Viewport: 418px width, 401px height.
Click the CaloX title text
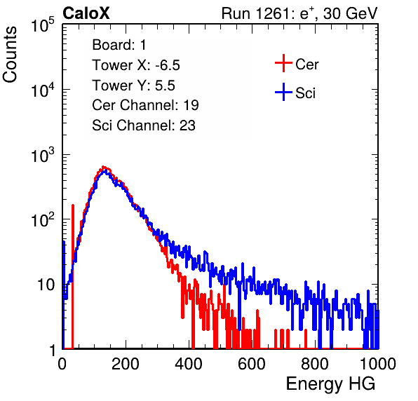tap(86, 13)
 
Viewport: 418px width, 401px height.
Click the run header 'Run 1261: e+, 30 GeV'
tap(299, 13)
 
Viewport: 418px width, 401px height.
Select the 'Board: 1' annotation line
tap(119, 45)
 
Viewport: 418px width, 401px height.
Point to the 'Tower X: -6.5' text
tap(136, 65)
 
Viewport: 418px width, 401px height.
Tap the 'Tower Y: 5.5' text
tap(133, 86)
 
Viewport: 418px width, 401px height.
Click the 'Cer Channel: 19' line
tap(145, 105)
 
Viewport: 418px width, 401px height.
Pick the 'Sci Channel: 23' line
tap(144, 125)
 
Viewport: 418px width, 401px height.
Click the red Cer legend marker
tap(283, 63)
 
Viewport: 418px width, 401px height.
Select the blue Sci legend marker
tap(283, 93)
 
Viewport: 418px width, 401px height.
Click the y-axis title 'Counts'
tap(10, 55)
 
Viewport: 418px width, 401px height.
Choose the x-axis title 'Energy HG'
tap(330, 384)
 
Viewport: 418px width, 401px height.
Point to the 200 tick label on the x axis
tap(126, 363)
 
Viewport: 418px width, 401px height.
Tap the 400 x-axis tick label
tap(189, 363)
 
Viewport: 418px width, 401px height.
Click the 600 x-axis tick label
tap(252, 363)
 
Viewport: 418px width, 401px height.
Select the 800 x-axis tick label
tap(315, 363)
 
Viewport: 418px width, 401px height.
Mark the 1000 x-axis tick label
tap(378, 363)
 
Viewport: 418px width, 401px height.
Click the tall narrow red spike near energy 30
tap(72, 277)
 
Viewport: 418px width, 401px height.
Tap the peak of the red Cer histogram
tap(104, 168)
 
